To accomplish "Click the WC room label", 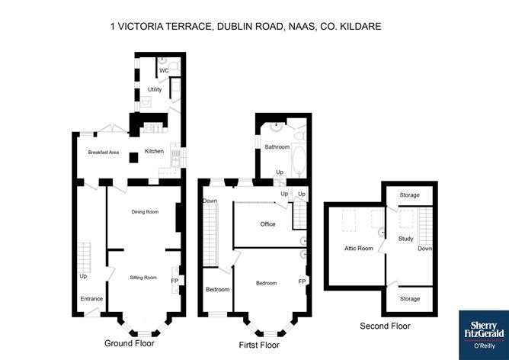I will pos(164,71).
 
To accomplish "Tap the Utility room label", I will pos(155,90).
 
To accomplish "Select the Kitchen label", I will pos(154,151).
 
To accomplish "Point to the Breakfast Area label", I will pos(103,153).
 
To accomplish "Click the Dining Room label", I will pos(144,211).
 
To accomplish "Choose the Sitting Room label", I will pos(142,277).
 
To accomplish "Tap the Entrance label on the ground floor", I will pos(91,298).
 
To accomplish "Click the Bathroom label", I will pos(277,146).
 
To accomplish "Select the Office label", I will pos(267,224).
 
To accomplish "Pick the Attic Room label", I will pos(359,248).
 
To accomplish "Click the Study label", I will pos(405,239).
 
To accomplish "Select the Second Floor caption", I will pos(385,326).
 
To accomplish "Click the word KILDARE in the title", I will pos(360,27).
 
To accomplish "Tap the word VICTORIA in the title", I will pos(141,27).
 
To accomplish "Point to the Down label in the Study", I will pos(425,248).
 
